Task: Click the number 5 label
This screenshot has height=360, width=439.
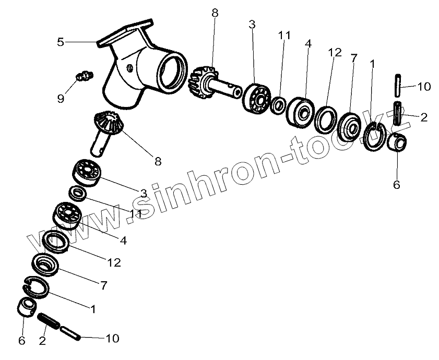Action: point(61,42)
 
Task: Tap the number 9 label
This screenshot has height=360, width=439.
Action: point(61,98)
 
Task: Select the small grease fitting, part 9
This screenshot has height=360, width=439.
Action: point(81,77)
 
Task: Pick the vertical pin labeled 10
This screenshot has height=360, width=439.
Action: point(397,84)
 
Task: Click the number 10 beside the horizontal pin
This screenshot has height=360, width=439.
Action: point(112,339)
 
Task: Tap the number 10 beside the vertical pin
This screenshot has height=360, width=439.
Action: point(424,87)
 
